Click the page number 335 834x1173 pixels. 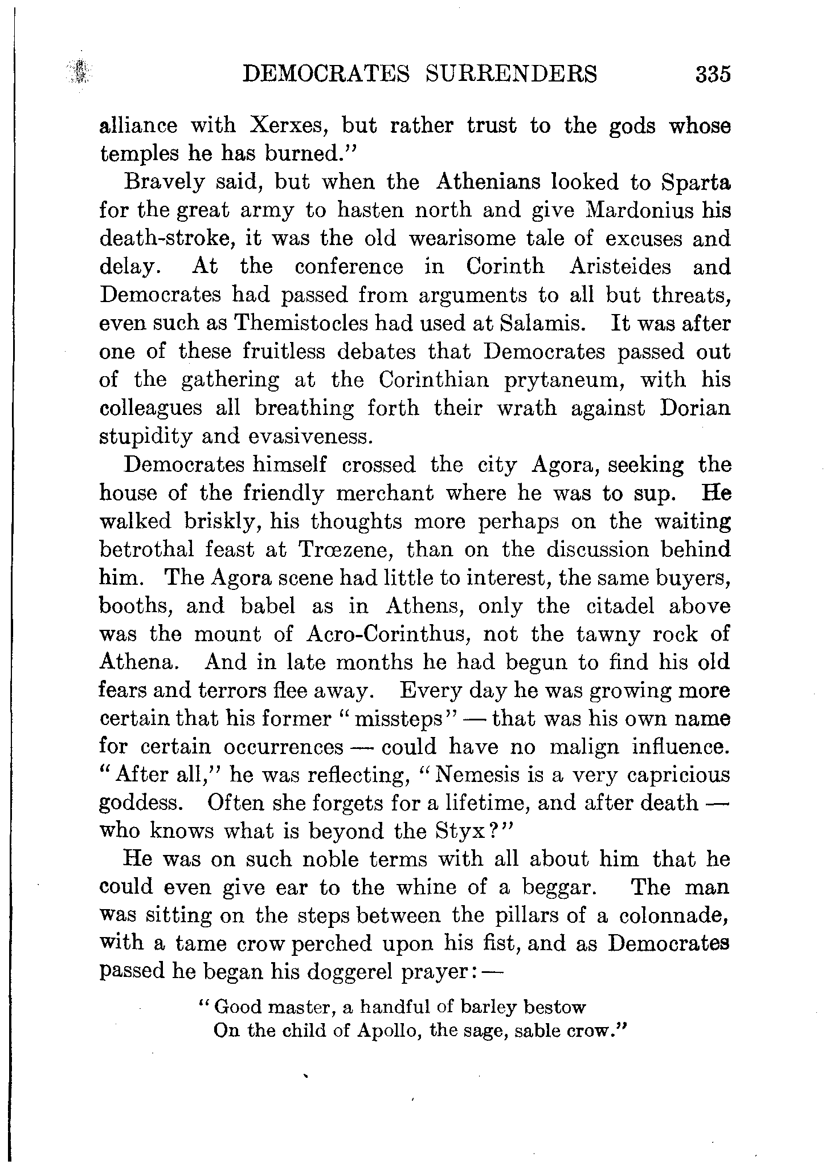(x=712, y=75)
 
